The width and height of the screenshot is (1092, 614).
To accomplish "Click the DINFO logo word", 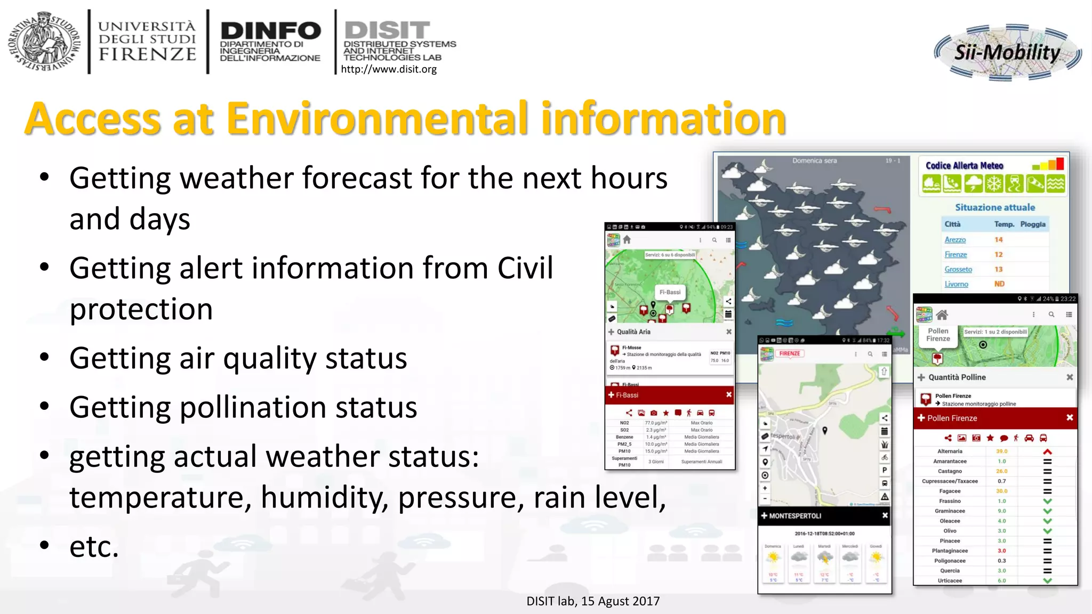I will coord(270,31).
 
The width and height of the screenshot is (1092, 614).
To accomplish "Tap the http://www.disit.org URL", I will coord(388,69).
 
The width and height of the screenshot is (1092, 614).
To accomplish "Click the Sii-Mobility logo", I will coord(1007,52).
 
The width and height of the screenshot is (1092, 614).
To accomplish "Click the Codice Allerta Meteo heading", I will coord(964,166).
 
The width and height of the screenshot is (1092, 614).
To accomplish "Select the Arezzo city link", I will coord(955,240).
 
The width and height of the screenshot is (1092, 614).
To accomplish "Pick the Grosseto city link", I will coord(958,269).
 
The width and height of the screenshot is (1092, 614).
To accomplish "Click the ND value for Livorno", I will coord(999,284).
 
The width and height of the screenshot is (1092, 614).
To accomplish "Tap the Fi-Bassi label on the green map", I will coord(670,292).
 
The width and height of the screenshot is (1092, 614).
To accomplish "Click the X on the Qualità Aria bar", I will coord(728,332).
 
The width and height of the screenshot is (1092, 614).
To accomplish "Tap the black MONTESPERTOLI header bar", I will coord(824,515).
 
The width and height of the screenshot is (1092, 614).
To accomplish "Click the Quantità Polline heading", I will coord(957,377).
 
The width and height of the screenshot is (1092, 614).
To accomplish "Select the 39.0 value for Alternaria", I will coord(1001,451).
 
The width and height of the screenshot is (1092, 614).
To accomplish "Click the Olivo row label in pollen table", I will coord(950,531).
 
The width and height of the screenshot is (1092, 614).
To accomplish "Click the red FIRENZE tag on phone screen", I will coord(790,353).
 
